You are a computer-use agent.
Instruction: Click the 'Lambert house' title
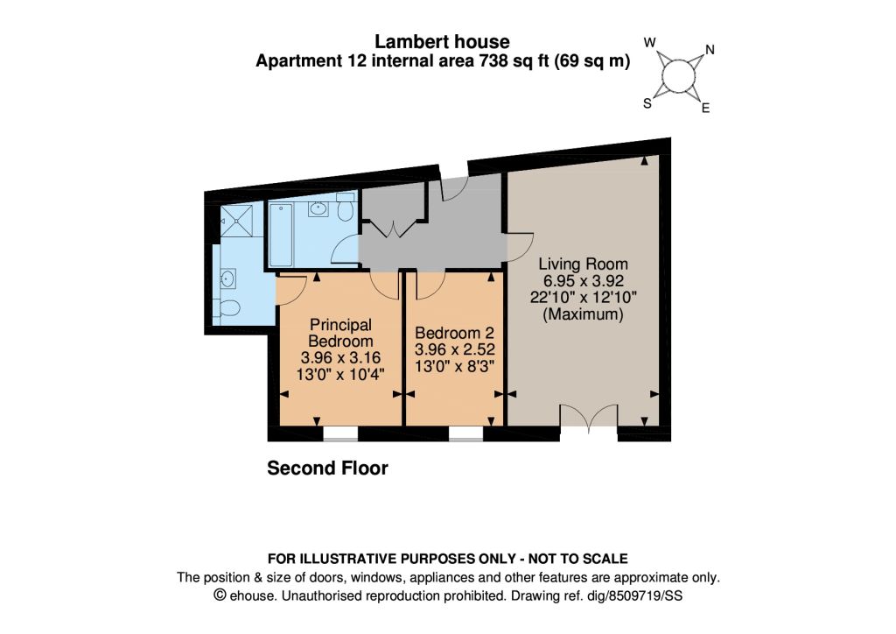coord(442,41)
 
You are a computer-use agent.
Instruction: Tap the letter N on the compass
coord(710,50)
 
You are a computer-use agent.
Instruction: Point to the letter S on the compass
coord(647,103)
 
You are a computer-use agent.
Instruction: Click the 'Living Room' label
coord(583,264)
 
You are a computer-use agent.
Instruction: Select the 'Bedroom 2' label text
coord(454,333)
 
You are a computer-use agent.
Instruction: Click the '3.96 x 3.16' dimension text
coord(340,358)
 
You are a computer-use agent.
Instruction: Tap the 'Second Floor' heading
coord(327,468)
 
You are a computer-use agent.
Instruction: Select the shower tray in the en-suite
coord(236,220)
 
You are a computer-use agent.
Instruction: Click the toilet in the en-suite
coord(228,307)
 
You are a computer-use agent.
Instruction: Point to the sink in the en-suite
coord(228,279)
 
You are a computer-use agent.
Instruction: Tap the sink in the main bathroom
coord(318,208)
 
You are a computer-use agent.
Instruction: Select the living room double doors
coord(589,416)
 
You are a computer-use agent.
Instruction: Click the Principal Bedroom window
coord(340,434)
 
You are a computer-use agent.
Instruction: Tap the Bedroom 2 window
coord(465,434)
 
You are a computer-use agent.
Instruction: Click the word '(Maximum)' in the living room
coord(583,313)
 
